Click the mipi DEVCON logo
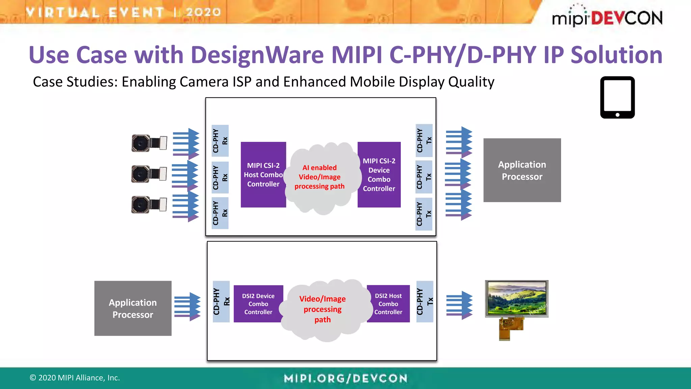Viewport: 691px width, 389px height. [x=607, y=16]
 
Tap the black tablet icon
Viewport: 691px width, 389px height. [x=617, y=97]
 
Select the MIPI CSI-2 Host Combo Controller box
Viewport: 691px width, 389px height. [x=263, y=175]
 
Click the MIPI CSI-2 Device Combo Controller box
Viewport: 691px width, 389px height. [x=379, y=175]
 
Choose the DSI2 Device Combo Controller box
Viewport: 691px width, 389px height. [x=258, y=304]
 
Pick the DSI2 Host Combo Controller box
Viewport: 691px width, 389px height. [x=388, y=304]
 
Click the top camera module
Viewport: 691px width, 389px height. [x=149, y=143]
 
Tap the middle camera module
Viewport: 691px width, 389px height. [x=149, y=174]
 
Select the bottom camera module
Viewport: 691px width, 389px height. [x=149, y=205]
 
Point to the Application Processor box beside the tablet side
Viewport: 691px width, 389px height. [x=522, y=170]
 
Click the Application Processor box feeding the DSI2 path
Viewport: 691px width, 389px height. [x=133, y=308]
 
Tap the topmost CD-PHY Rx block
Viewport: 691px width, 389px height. [x=220, y=141]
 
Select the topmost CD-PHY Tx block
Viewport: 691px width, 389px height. [x=424, y=140]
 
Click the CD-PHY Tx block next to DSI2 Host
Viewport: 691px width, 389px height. [x=424, y=302]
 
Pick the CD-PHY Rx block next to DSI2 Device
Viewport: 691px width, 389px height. [x=221, y=302]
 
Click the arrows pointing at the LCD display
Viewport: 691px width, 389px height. [x=459, y=305]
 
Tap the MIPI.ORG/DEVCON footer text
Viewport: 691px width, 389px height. [x=345, y=378]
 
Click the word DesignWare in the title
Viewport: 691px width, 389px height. [x=257, y=55]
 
